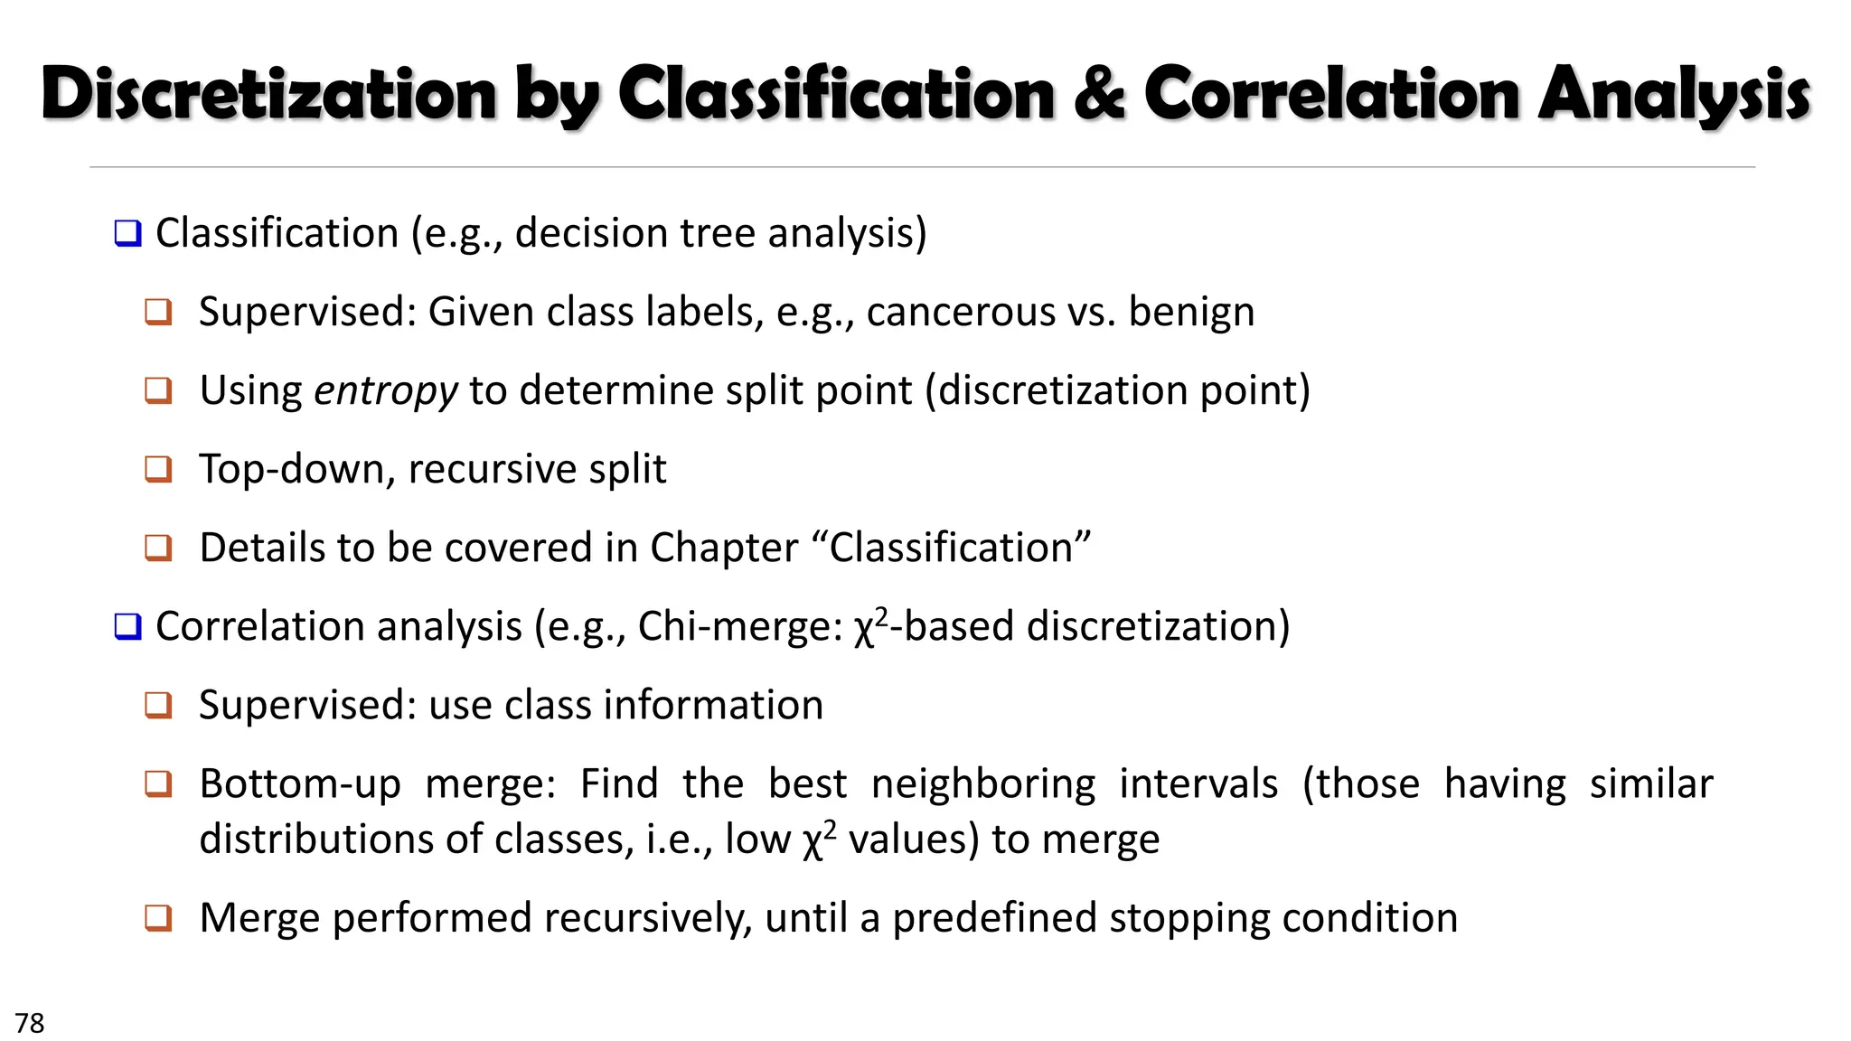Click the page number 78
(29, 1023)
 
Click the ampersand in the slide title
(1099, 94)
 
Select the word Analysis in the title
(1674, 94)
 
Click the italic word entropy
(386, 391)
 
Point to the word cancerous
(961, 312)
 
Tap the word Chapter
(724, 548)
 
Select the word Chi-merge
(739, 626)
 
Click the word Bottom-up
(300, 784)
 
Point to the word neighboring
(983, 784)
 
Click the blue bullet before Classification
(127, 234)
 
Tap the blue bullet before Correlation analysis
(127, 626)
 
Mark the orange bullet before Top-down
(158, 469)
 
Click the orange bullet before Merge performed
(158, 918)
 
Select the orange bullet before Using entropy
(158, 390)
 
